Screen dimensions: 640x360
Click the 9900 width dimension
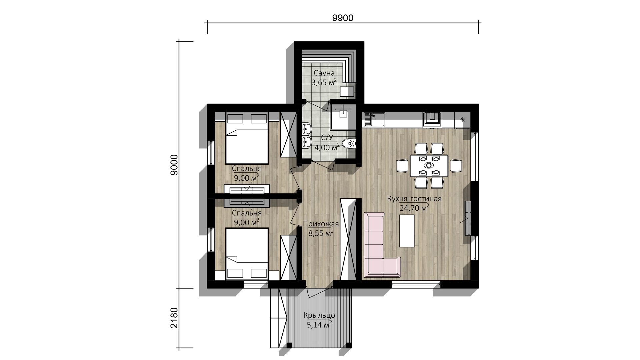tap(343, 18)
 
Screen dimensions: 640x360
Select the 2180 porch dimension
tap(174, 318)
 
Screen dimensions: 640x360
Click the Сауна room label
tap(324, 73)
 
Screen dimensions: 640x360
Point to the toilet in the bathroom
tap(349, 144)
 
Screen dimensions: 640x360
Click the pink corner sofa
tap(382, 245)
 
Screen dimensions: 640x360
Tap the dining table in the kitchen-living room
tap(429, 165)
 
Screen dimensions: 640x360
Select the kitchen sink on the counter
tap(374, 119)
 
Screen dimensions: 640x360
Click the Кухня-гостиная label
tap(414, 199)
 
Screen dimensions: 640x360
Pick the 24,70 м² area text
tap(414, 208)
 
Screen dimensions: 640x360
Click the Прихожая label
tap(321, 224)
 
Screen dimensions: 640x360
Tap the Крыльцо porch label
tap(319, 315)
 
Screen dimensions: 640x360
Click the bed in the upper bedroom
tap(247, 138)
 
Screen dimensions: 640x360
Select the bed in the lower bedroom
tap(247, 254)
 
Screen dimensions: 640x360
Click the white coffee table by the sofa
tap(407, 231)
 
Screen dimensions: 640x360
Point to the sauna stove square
tap(346, 91)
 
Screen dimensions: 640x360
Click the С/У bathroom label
tap(327, 138)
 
